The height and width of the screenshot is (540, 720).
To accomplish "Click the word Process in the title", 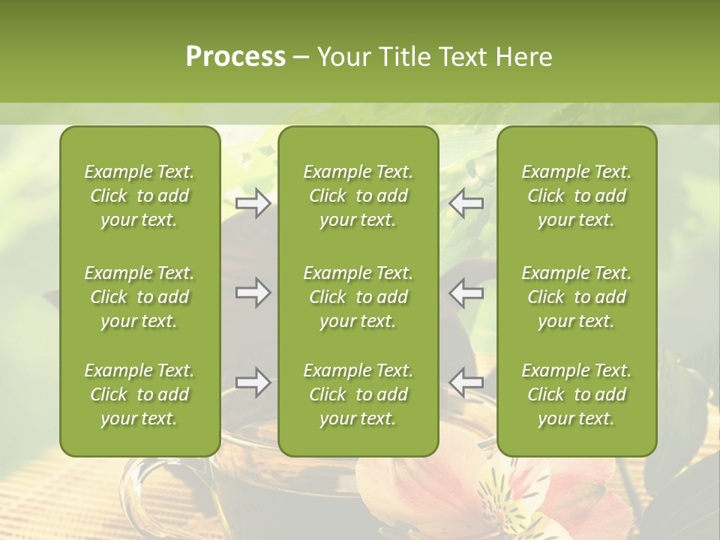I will (x=235, y=57).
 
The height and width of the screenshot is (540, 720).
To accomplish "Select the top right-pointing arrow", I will (x=253, y=203).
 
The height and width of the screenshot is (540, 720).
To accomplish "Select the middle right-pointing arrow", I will (x=253, y=292).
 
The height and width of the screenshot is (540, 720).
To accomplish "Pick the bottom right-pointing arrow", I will (x=253, y=382).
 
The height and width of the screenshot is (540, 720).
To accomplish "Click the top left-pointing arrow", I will (x=466, y=203).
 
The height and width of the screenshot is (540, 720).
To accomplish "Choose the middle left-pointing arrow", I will (x=466, y=292).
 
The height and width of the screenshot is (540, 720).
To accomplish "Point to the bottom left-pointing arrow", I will (x=466, y=382).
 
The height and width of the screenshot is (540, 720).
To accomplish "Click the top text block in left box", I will (x=139, y=196).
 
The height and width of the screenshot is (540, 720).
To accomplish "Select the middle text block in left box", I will (x=139, y=297).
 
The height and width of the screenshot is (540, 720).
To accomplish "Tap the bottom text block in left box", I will (x=139, y=394).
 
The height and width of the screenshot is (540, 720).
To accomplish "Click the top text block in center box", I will (x=358, y=196).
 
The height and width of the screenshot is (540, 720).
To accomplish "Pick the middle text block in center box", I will (x=358, y=297).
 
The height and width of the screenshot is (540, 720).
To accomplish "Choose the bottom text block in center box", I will (x=358, y=394).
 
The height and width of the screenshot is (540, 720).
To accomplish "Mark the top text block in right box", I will (x=577, y=196).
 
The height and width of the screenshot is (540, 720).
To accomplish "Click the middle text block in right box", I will (x=577, y=297).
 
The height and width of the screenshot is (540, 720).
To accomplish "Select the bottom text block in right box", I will (x=577, y=394).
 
